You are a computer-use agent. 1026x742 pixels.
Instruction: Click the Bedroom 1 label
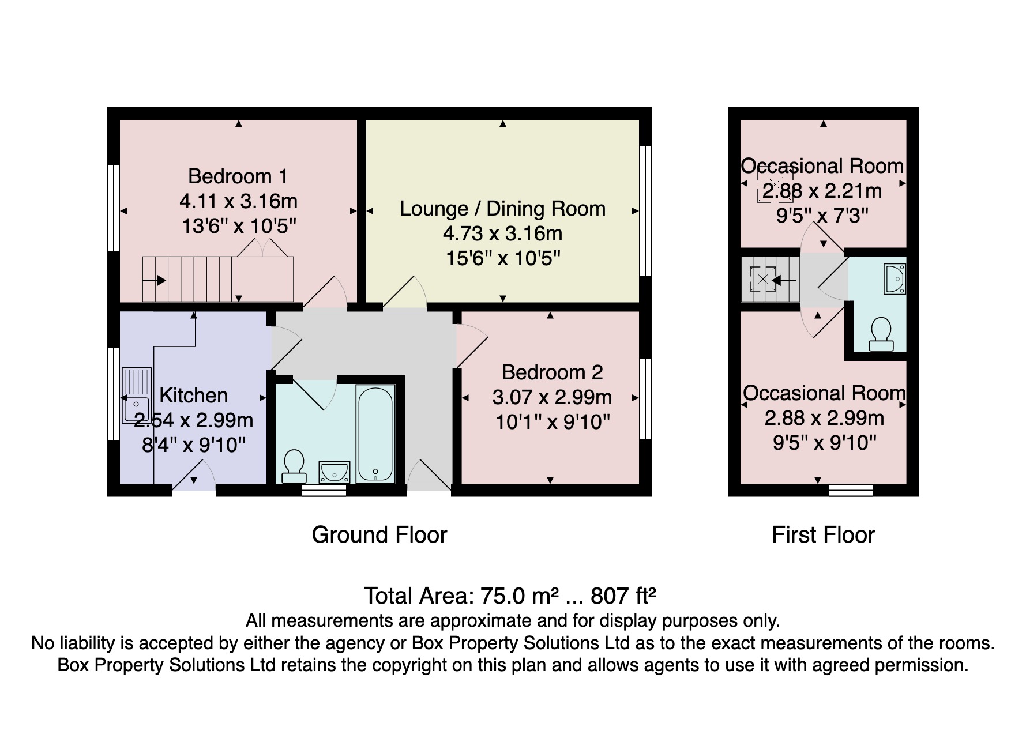(238, 176)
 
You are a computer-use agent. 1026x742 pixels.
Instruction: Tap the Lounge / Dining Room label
(502, 209)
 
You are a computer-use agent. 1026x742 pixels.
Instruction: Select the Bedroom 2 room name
(552, 372)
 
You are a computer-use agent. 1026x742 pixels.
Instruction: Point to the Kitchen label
(193, 396)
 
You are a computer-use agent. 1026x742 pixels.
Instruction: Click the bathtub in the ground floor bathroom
(375, 434)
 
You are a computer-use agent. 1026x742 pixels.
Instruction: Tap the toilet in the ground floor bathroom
(294, 466)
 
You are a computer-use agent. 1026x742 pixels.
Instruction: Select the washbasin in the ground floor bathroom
(335, 472)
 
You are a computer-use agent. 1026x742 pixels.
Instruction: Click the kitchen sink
(137, 396)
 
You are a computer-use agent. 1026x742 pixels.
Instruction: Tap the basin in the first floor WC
(895, 279)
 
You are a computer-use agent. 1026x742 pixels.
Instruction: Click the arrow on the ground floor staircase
(154, 281)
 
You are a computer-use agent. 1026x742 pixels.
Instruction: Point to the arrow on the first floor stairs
(784, 281)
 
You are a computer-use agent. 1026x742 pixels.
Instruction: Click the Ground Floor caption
(379, 535)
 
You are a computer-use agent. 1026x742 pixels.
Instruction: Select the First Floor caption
(823, 535)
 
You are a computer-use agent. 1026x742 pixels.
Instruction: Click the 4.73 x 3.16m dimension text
(502, 233)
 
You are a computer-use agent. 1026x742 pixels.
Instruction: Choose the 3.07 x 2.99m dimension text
(552, 397)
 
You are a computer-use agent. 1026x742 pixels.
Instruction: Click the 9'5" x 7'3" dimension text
(822, 216)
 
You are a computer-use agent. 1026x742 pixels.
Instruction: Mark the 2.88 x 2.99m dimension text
(824, 418)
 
